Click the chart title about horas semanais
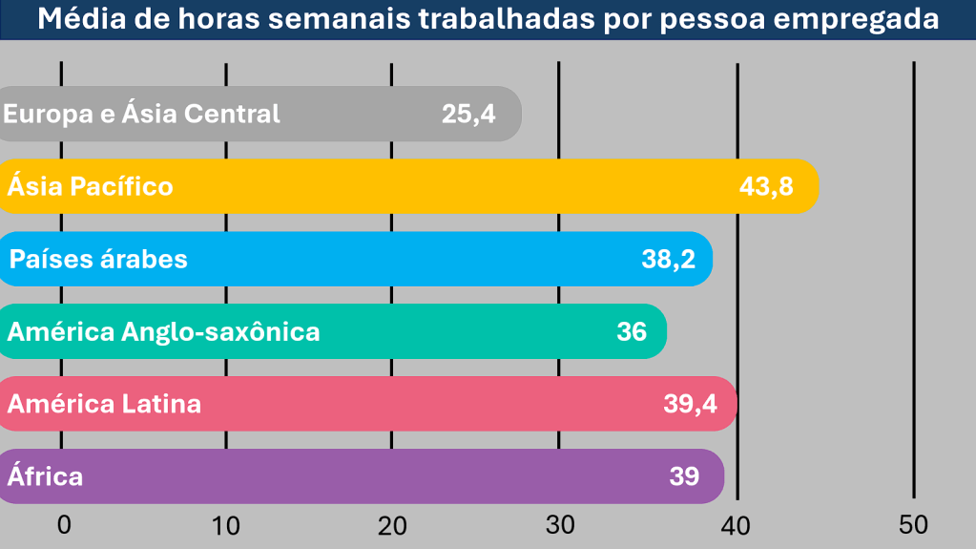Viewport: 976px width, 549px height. [x=488, y=19]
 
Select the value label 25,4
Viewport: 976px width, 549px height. [x=468, y=114]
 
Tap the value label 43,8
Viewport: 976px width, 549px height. [x=766, y=186]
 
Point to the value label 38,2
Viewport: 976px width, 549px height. [x=668, y=259]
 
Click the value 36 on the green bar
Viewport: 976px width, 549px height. [x=632, y=331]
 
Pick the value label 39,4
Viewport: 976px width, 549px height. [x=690, y=404]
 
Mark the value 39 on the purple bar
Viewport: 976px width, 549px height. [x=684, y=476]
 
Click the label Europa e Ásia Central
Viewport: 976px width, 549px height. [x=142, y=114]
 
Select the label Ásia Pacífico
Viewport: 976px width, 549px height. [x=91, y=186]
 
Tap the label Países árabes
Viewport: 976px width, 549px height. [x=98, y=259]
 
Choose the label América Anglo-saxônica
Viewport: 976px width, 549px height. [x=163, y=331]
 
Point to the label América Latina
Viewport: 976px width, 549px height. [x=104, y=404]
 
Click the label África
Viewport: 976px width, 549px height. [x=45, y=476]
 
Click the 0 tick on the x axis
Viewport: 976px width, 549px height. [x=64, y=524]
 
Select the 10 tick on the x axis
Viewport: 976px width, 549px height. [x=226, y=524]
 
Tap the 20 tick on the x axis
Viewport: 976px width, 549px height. [x=392, y=524]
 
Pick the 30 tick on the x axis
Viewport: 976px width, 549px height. [x=560, y=524]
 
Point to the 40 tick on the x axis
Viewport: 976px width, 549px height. [x=737, y=524]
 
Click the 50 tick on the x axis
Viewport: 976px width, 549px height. [x=913, y=524]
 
